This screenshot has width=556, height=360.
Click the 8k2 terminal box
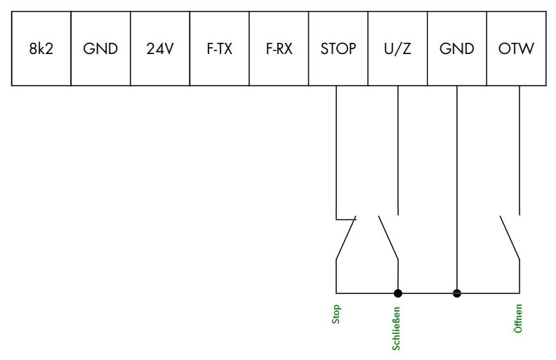click(41, 48)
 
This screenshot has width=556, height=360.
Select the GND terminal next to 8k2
click(100, 48)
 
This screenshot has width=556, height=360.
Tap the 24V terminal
click(160, 48)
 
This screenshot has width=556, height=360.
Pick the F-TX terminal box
click(220, 48)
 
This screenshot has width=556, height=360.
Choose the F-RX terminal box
click(279, 48)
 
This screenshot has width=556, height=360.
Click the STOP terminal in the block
click(338, 48)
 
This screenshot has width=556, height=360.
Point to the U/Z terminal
click(398, 48)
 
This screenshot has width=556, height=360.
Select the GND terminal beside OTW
click(457, 48)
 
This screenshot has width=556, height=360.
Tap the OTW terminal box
click(517, 48)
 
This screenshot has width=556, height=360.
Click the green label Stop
click(336, 314)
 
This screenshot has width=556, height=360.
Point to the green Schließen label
click(396, 329)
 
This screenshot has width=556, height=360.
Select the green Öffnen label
click(518, 319)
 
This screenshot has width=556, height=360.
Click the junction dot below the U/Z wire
click(398, 293)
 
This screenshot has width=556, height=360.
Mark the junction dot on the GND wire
click(457, 293)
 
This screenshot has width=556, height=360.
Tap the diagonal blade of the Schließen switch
click(388, 238)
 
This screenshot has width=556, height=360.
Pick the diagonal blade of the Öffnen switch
click(510, 238)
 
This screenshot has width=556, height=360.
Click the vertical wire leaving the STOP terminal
click(336, 152)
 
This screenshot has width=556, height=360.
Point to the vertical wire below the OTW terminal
click(519, 150)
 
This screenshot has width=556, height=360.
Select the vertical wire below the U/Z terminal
click(398, 150)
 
